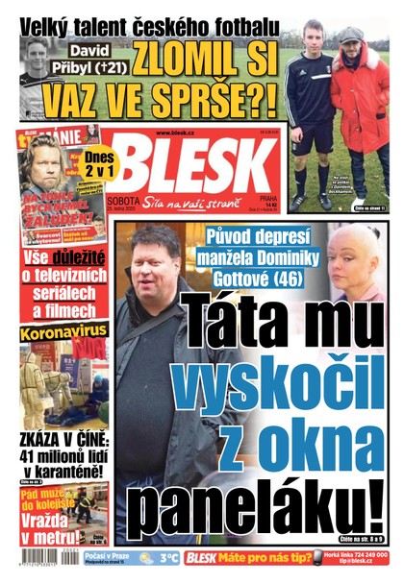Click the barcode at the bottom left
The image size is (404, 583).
38,558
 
